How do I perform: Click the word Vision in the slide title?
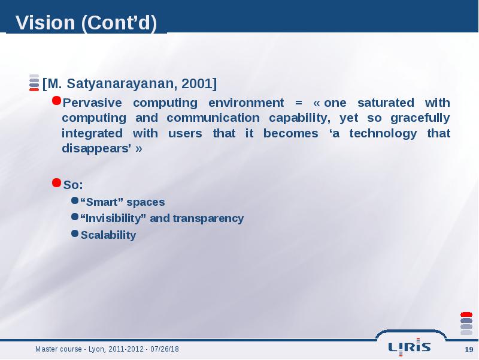(x=46, y=23)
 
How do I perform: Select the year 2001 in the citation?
(x=197, y=83)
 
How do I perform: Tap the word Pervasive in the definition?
(x=92, y=103)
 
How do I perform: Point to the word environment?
(x=246, y=103)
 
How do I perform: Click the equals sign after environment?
(x=298, y=103)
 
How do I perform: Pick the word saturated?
(x=386, y=103)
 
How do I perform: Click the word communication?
(x=213, y=118)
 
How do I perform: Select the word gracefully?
(x=420, y=118)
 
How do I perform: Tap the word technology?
(x=383, y=134)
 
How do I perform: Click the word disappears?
(x=95, y=149)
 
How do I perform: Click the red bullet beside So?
(x=56, y=183)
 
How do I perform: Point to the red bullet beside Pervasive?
(x=56, y=100)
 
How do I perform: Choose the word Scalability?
(x=108, y=235)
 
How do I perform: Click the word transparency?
(x=208, y=218)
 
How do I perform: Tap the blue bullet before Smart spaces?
(x=75, y=200)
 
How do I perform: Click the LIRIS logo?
(x=410, y=347)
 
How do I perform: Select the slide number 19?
(x=469, y=350)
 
